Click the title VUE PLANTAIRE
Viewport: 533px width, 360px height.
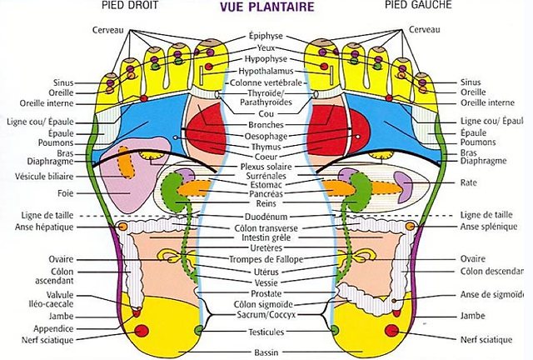[x=266, y=7]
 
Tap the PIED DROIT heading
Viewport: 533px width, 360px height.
[x=130, y=5]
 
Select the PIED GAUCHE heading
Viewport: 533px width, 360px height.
[x=418, y=5]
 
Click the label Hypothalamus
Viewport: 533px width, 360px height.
[x=266, y=71]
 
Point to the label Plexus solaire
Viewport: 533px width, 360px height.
[x=266, y=167]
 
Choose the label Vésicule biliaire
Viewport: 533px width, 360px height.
[x=44, y=177]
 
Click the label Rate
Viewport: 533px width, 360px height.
[x=468, y=182]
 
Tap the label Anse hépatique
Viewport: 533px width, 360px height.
[x=44, y=227]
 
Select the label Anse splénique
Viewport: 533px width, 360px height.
[x=489, y=227]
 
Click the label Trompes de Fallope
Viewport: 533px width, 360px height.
[x=266, y=259]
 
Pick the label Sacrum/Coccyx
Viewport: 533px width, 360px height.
[x=266, y=315]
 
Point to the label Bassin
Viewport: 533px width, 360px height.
[x=266, y=352]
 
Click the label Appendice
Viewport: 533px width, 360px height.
[x=53, y=328]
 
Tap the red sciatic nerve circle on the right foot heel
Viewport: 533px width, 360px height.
[x=142, y=331]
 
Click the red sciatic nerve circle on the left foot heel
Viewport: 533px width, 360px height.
[x=392, y=330]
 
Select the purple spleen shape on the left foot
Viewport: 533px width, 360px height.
[x=402, y=187]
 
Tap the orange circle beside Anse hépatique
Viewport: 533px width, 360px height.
[x=122, y=227]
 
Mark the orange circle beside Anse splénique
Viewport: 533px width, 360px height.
[x=411, y=226]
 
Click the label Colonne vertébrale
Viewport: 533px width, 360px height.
[x=266, y=82]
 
